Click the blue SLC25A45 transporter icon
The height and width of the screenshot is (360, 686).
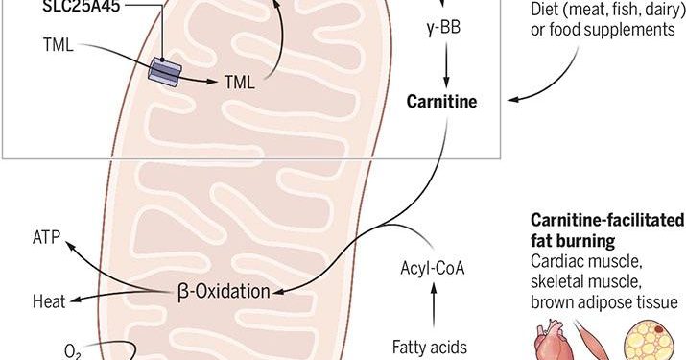point(165,72)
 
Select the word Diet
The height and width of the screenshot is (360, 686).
point(550,11)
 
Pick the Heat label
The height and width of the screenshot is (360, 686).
point(48,301)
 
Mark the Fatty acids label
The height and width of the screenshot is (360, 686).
point(429,346)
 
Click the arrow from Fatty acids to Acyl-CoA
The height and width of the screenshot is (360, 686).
point(432,307)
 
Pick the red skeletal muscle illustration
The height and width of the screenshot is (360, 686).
point(596,343)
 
